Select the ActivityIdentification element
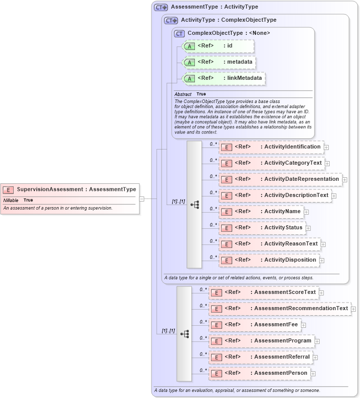[271, 147]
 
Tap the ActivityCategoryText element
[271, 163]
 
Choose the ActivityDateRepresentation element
[280, 179]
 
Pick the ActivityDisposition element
[269, 260]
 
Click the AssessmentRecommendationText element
[280, 309]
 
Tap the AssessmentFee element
[255, 325]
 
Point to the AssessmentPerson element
[260, 373]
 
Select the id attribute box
[217, 46]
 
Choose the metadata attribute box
[219, 62]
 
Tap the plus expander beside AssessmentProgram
[317, 341]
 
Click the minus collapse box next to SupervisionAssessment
[142, 198]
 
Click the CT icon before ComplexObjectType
[179, 33]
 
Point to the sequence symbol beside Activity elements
[194, 204]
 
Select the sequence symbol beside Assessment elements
[184, 333]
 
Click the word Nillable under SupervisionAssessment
[11, 201]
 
